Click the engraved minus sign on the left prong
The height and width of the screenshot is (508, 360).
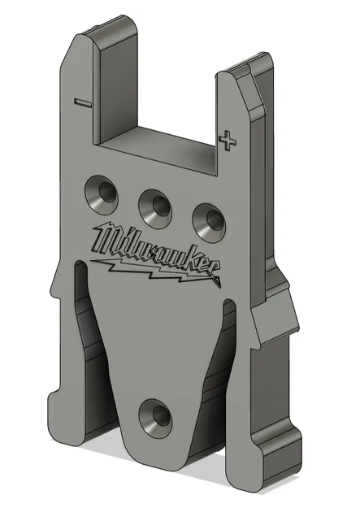81,102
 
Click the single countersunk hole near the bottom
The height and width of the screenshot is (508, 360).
153,416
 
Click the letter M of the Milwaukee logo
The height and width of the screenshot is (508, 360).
104,239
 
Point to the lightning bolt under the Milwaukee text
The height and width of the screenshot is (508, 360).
154,267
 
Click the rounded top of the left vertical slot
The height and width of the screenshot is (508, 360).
79,268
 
